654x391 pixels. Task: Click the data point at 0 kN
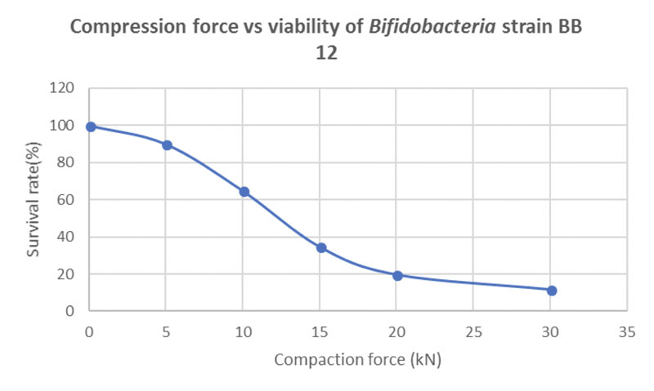[91, 127]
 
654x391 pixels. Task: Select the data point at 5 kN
[168, 145]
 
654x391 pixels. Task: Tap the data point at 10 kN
[244, 192]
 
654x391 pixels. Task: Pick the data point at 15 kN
[321, 247]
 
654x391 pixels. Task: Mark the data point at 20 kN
[398, 276]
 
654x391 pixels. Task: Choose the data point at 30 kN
[552, 291]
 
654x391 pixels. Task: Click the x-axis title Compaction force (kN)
[357, 359]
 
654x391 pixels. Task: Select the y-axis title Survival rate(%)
[34, 200]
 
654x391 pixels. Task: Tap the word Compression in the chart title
[119, 26]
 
